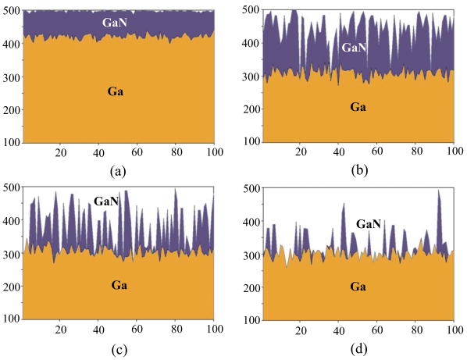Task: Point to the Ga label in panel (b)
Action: (x=358, y=105)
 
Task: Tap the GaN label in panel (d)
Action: (x=368, y=224)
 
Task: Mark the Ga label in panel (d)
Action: (x=358, y=286)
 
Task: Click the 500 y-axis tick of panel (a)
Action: (x=12, y=10)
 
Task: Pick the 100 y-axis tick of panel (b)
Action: (x=250, y=143)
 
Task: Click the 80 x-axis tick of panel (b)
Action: (x=415, y=153)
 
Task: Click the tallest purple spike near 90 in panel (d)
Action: (x=438, y=195)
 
